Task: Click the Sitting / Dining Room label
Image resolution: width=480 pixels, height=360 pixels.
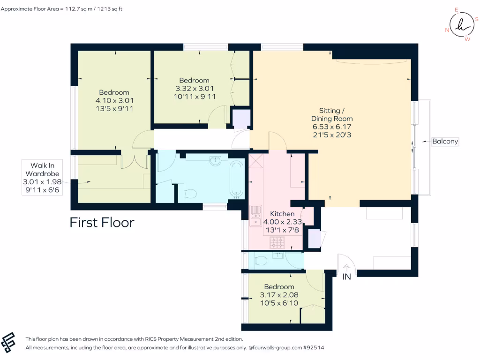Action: click(x=332, y=114)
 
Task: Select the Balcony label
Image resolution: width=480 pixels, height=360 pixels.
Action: click(x=445, y=141)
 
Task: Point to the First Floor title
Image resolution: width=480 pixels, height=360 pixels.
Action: click(x=102, y=222)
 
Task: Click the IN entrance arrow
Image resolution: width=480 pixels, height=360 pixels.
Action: click(x=346, y=268)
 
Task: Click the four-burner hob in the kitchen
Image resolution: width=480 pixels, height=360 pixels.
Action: click(x=277, y=242)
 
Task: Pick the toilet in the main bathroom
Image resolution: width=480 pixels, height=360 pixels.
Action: click(x=190, y=193)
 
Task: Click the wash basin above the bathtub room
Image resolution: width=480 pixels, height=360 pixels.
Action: click(x=216, y=161)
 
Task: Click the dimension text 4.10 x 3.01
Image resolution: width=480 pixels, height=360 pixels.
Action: click(x=113, y=100)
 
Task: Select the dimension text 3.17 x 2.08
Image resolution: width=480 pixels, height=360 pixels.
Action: click(x=279, y=295)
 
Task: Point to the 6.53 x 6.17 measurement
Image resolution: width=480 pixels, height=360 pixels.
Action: click(x=332, y=127)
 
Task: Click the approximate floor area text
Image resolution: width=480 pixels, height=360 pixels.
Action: click(x=61, y=8)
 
